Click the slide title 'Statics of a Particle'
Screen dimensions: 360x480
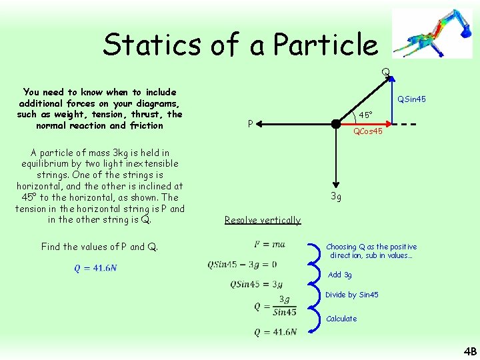[x=240, y=45]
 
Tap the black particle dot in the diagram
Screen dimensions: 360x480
[x=338, y=123]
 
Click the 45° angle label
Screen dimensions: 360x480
[x=365, y=115]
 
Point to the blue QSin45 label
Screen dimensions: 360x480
[x=411, y=99]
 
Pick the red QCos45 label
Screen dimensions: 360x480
[x=367, y=132]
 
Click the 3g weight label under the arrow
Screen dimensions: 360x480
[x=337, y=197]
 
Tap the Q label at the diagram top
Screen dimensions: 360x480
[x=385, y=71]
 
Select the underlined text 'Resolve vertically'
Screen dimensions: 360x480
[x=263, y=220]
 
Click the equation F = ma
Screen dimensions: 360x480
[x=269, y=245]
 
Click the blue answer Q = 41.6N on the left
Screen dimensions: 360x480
[x=95, y=268]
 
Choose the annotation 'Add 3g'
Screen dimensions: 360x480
[x=339, y=275]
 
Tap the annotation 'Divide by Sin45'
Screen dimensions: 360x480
[x=351, y=295]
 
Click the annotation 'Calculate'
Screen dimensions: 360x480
[x=341, y=319]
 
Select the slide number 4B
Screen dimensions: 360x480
[x=470, y=351]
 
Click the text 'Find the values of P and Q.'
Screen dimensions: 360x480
[x=99, y=247]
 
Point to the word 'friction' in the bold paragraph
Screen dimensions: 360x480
[x=147, y=125]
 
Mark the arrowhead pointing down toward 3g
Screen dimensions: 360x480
[x=338, y=187]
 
